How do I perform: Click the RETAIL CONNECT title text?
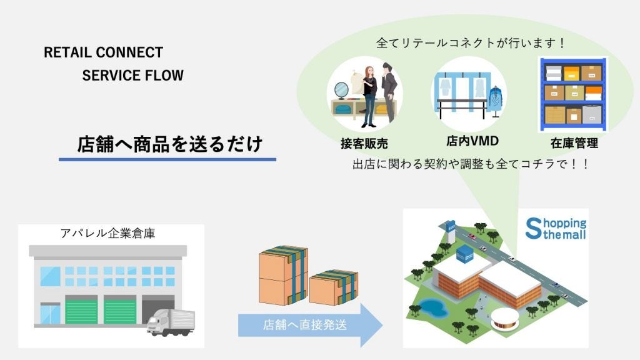(x=103, y=52)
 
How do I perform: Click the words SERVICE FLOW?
(x=132, y=76)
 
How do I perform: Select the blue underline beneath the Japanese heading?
(x=167, y=159)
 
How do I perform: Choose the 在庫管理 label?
(x=574, y=143)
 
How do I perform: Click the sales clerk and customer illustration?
(x=364, y=94)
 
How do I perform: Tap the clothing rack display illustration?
(x=467, y=94)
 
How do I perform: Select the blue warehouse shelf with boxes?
(x=573, y=93)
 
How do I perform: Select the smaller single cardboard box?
(x=333, y=287)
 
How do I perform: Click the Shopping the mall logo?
(x=556, y=229)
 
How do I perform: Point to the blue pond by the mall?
(x=432, y=306)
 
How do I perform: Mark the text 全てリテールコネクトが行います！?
(x=471, y=44)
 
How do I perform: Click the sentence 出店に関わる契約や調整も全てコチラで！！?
(x=471, y=166)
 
